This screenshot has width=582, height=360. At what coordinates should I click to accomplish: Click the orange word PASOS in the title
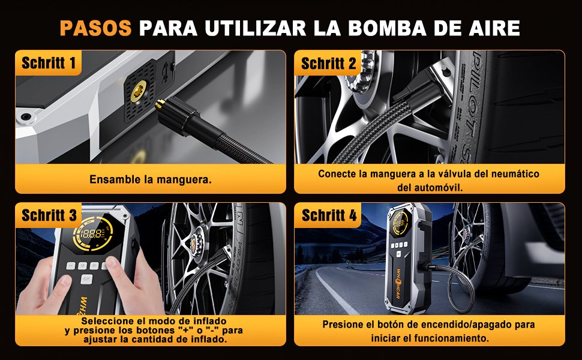pos(96,28)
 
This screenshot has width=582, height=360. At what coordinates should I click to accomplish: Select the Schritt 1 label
pos(49,63)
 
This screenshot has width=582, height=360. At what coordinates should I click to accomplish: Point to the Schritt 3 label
pos(49,215)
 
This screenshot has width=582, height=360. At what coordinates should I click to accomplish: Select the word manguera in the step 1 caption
pos(184,179)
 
